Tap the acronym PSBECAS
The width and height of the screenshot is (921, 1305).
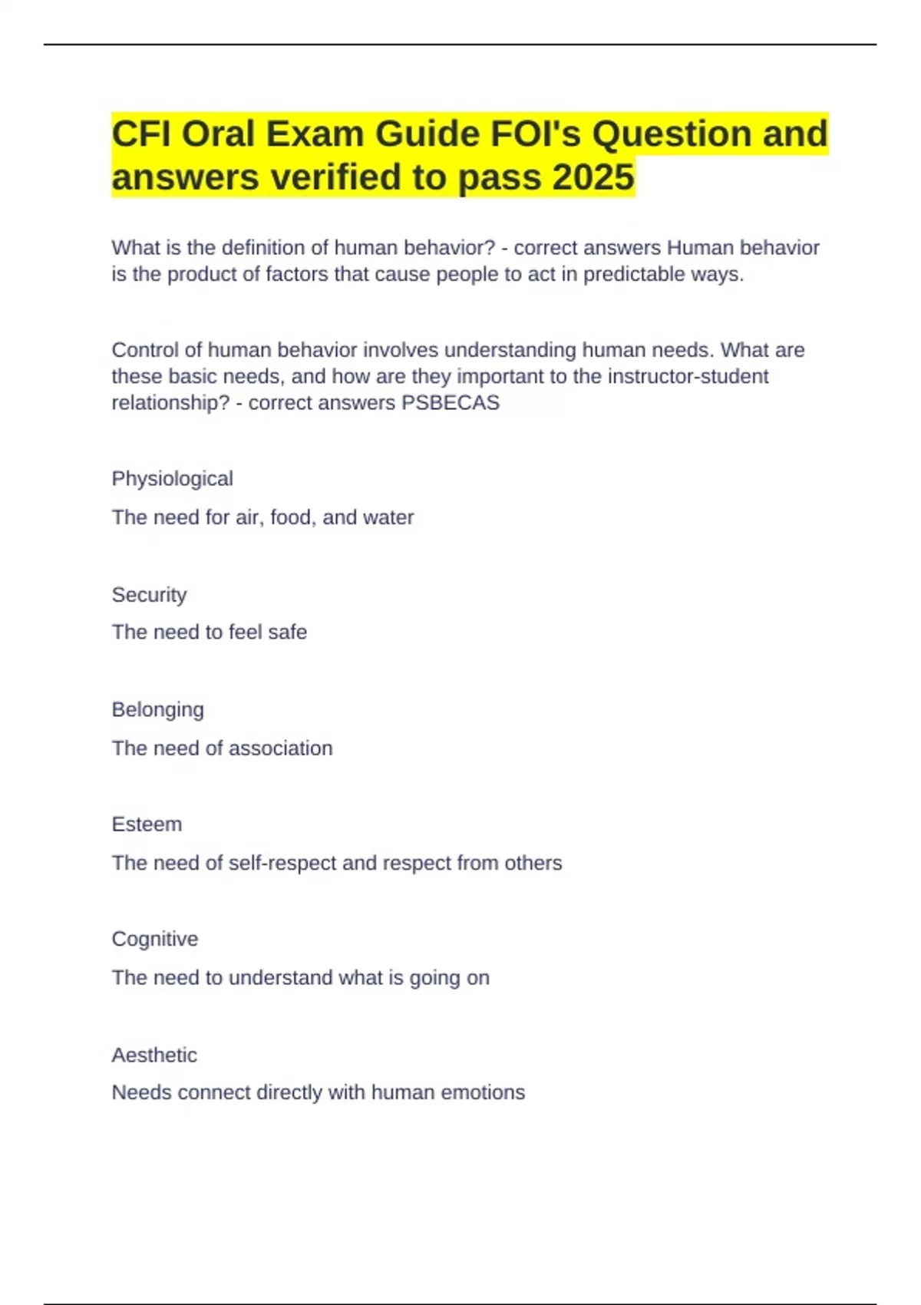coord(451,402)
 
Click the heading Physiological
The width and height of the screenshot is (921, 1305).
coord(172,478)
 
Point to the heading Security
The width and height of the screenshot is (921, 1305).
coord(149,594)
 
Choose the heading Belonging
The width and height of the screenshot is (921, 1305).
coord(157,709)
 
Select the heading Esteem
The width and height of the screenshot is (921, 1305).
coord(147,824)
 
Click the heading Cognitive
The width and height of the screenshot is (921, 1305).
coord(154,939)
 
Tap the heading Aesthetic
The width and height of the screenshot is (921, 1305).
coord(154,1055)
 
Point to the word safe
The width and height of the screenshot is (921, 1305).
coord(287,632)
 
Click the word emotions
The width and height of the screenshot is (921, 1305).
coord(487,1092)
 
